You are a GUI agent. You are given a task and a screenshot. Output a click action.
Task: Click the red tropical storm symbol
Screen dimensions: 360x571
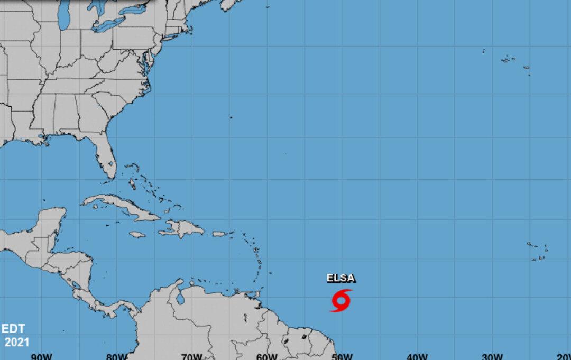(x=341, y=300)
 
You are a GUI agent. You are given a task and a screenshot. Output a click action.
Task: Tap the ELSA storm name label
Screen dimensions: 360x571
(x=341, y=279)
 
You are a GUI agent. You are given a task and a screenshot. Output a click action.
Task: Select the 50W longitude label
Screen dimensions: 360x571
(x=342, y=356)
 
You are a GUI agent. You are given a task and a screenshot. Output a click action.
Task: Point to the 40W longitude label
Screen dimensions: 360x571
(x=417, y=356)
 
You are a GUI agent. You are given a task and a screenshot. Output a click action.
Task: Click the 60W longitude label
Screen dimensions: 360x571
(x=266, y=356)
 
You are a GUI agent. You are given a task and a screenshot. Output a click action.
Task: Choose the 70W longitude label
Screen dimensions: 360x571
(x=191, y=356)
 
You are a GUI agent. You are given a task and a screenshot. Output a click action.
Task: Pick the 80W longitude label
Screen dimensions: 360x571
(x=116, y=356)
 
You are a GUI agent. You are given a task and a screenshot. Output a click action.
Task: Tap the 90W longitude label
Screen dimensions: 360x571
(x=41, y=356)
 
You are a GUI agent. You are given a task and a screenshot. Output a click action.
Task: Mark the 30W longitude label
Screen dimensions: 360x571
(x=492, y=356)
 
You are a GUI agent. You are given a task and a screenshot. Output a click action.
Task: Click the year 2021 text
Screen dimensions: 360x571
(x=17, y=342)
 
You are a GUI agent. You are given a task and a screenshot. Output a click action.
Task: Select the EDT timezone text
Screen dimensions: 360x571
(x=13, y=328)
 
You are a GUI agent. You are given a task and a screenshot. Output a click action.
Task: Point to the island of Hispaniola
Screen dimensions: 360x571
(x=182, y=229)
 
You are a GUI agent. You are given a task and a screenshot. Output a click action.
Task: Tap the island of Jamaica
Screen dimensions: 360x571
(x=137, y=234)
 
